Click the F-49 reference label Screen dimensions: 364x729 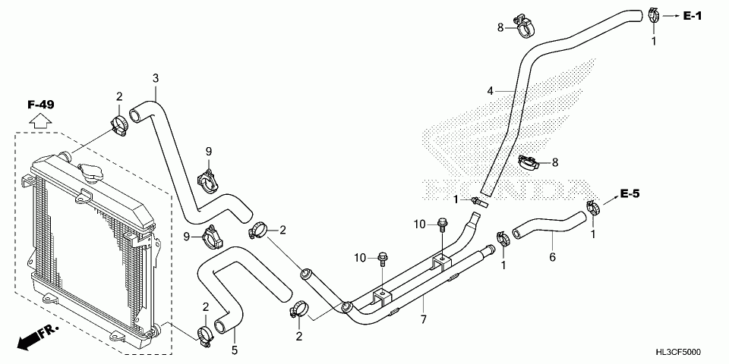tap(41, 104)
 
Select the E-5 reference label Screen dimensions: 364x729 tap(630, 195)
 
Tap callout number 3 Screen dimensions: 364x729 tap(156, 78)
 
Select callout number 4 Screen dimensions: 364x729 tap(491, 91)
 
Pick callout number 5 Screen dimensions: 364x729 tap(234, 350)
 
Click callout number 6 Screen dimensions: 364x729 tap(552, 257)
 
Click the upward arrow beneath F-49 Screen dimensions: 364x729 tap(41, 120)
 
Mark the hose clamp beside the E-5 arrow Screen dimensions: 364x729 tap(595, 206)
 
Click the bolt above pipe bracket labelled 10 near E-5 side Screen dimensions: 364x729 tap(442, 224)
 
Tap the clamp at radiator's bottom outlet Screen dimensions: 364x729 tap(204, 334)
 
